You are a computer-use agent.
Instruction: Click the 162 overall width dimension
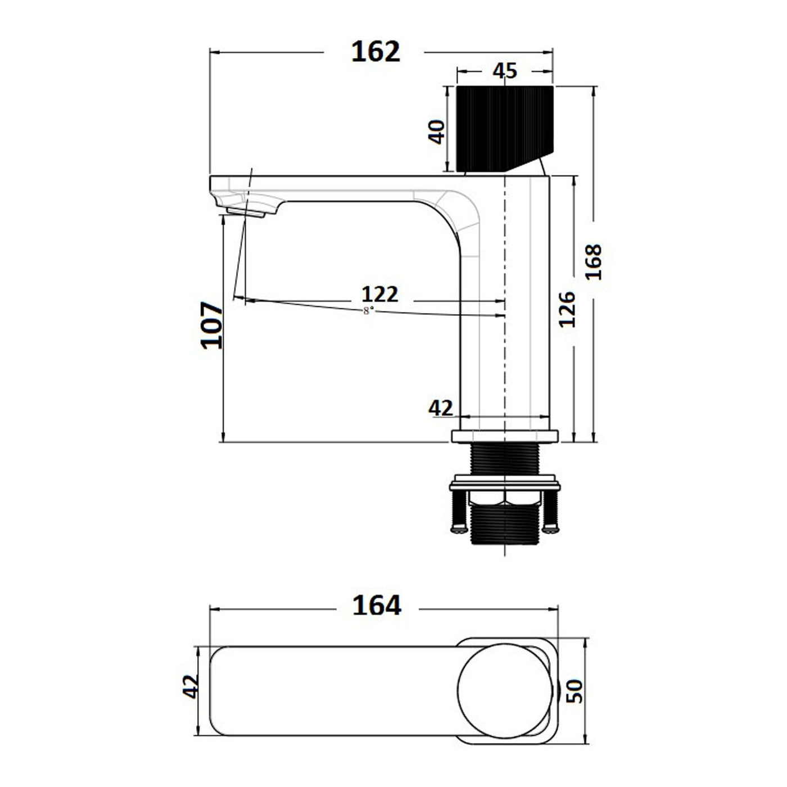[376, 52]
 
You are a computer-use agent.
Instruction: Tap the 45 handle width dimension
[505, 71]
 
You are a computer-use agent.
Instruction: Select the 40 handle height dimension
[437, 132]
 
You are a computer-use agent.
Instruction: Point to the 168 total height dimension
[594, 262]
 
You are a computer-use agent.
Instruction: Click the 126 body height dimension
[567, 309]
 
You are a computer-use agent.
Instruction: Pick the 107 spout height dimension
[212, 325]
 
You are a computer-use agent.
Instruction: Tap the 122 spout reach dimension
[380, 293]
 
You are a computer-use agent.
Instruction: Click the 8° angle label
[368, 311]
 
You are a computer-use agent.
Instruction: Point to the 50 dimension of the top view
[574, 691]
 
